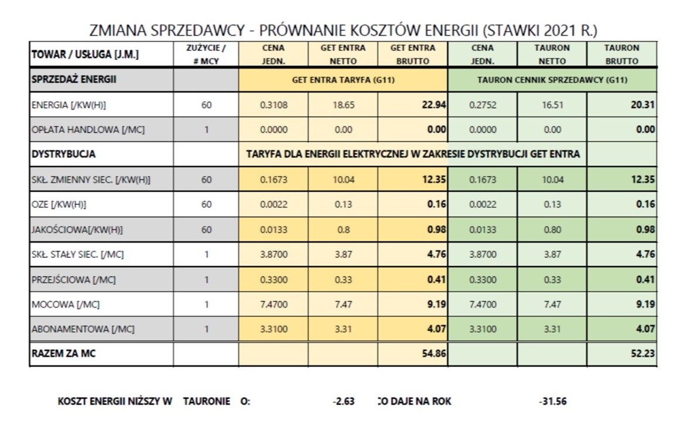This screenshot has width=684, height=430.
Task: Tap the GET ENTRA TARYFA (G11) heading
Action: (x=343, y=80)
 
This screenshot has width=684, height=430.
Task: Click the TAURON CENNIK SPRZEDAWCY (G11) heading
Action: (x=552, y=80)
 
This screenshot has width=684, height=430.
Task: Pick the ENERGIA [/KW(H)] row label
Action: (x=69, y=105)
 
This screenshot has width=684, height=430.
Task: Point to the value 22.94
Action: (x=434, y=105)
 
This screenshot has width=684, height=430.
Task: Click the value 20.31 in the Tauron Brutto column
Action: (x=643, y=105)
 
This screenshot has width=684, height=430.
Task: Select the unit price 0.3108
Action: (x=273, y=105)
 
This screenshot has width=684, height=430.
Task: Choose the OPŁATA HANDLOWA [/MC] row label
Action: (x=88, y=130)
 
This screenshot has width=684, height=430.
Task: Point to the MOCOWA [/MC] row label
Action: (x=65, y=304)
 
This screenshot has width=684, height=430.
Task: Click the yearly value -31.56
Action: (x=552, y=402)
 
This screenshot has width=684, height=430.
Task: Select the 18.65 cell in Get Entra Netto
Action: (x=343, y=105)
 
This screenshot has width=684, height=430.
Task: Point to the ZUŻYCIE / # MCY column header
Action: (x=206, y=54)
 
